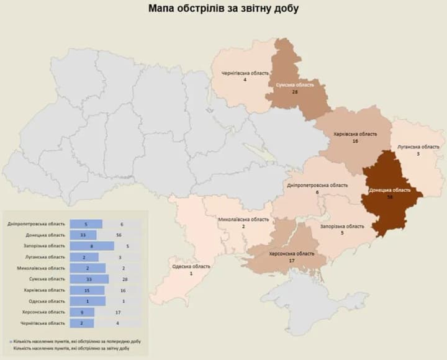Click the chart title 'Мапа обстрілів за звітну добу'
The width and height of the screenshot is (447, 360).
(223, 9)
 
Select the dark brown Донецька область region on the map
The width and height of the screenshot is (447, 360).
(391, 192)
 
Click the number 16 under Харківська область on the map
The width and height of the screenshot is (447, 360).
(356, 142)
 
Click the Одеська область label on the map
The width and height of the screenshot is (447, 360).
(191, 266)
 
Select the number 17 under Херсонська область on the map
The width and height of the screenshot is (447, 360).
(291, 261)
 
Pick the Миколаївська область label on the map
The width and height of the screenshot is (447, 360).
(243, 220)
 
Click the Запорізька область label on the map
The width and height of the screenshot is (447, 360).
(341, 227)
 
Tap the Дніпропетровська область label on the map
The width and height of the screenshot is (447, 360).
(317, 185)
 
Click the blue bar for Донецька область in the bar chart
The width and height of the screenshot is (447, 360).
(83, 235)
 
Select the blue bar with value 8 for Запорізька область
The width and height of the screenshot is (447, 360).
(91, 246)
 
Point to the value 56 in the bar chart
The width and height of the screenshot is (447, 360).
(120, 235)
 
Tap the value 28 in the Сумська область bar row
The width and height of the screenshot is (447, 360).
(120, 279)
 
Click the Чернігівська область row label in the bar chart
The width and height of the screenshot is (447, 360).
(45, 323)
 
